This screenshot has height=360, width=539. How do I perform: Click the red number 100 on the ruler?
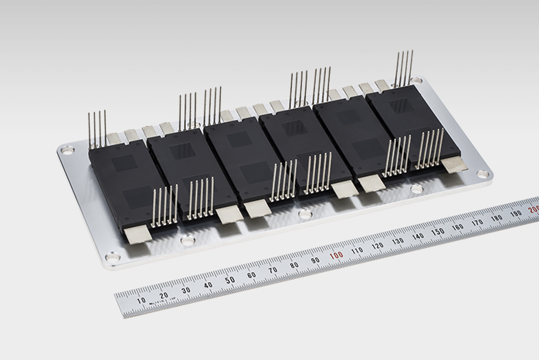336,255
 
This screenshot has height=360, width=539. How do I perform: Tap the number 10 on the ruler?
141,301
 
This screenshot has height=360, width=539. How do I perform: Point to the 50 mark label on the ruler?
230,280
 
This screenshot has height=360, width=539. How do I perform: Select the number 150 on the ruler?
438,231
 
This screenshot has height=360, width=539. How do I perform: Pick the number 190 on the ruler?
516,213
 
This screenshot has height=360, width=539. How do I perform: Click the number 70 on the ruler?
273,270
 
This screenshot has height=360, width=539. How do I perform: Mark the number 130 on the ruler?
398,241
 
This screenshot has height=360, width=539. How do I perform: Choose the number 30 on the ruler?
186,290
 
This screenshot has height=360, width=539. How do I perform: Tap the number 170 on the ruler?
477,222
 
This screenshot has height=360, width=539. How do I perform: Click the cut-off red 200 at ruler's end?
534,209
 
